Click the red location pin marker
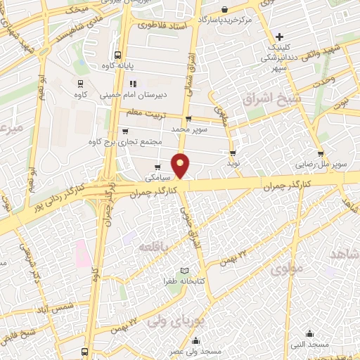(x=181, y=165)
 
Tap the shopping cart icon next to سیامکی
(x=157, y=167)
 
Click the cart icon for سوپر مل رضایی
(x=321, y=153)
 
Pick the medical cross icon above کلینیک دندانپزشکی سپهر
(x=279, y=37)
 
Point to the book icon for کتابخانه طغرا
(x=185, y=271)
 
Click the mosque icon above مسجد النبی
(x=309, y=333)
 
